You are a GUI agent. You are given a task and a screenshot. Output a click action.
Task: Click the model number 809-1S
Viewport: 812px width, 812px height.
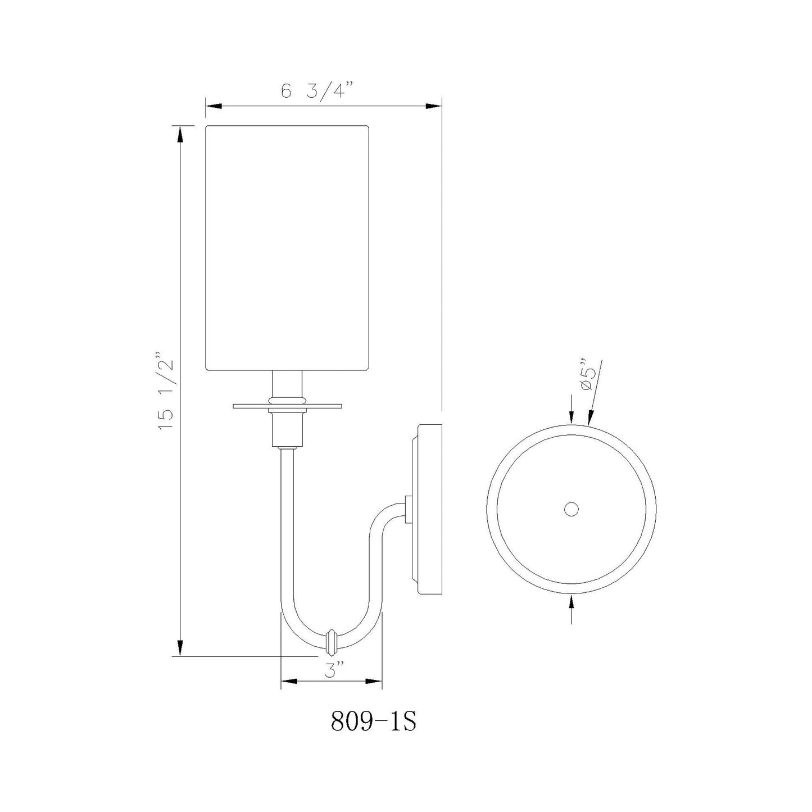[373, 722]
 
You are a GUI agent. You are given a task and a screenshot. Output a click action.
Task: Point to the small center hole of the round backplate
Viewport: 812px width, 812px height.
[571, 509]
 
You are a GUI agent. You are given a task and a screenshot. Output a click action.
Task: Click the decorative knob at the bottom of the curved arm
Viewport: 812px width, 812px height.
[332, 641]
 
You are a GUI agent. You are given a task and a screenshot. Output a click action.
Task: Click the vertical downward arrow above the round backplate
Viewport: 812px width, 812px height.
[571, 415]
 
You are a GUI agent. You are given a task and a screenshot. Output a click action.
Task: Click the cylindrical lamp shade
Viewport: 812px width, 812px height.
[287, 247]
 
